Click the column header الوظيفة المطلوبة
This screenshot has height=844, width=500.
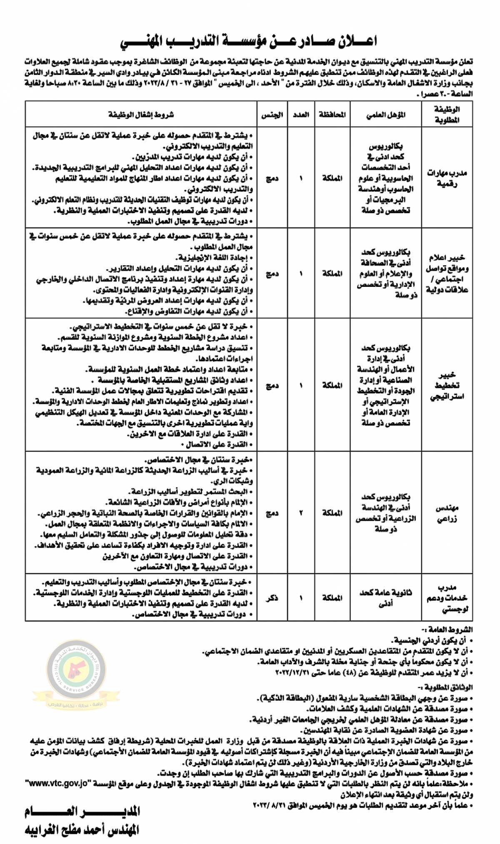tap(446, 115)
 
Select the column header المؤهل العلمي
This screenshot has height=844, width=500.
tap(386, 115)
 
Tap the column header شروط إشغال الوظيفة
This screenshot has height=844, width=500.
tap(141, 115)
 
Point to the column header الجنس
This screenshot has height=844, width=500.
tap(272, 115)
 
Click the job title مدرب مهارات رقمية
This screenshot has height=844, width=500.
tap(446, 178)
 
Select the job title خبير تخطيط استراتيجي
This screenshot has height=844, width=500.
tap(446, 386)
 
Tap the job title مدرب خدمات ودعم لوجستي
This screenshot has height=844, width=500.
tap(446, 598)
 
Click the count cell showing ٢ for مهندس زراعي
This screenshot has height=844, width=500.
tap(301, 513)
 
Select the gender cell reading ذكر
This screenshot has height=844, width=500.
tap(272, 598)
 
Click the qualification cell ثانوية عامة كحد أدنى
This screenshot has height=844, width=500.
tap(386, 598)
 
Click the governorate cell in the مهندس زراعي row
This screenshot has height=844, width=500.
tap(332, 513)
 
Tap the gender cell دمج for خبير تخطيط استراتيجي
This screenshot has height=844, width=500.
tap(272, 386)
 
